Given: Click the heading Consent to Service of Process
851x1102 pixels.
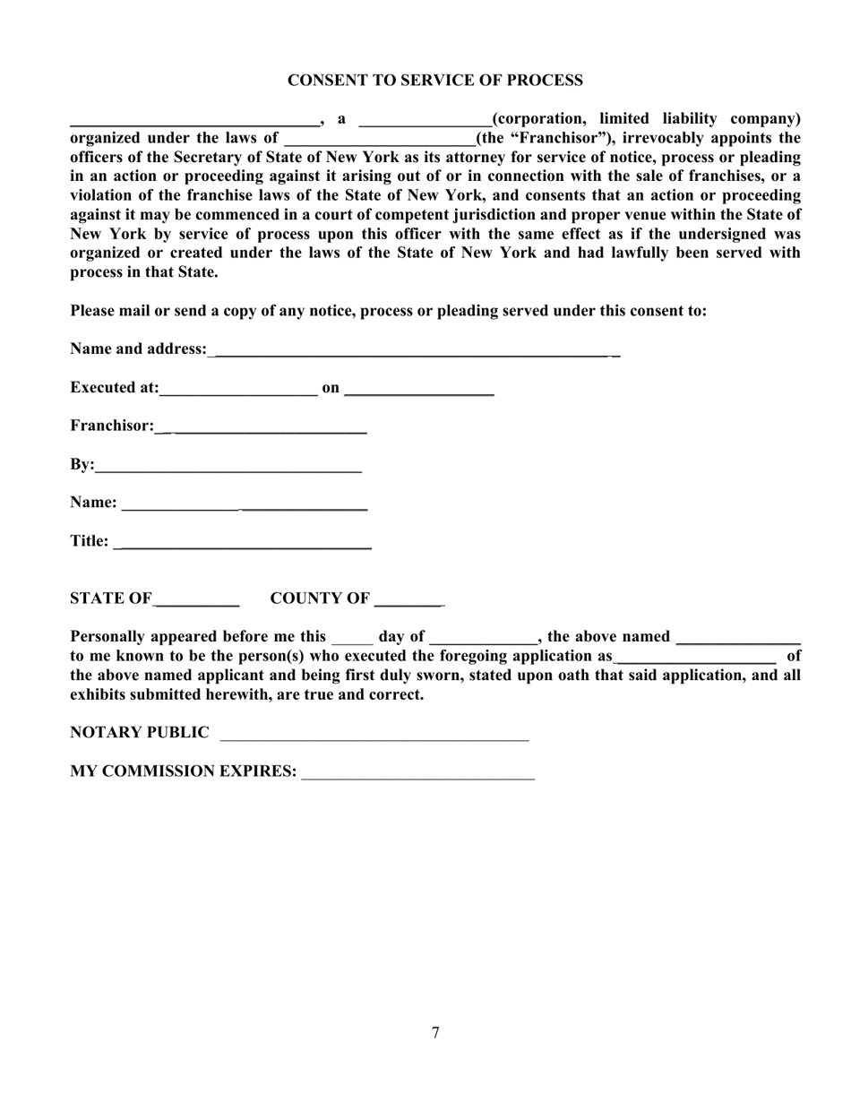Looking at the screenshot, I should pyautogui.click(x=434, y=81).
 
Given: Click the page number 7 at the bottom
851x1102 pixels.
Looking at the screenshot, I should pyautogui.click(x=435, y=1033).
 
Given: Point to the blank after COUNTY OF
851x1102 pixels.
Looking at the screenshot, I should pyautogui.click(x=409, y=601).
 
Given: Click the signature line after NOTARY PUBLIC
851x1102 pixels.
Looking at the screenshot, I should pyautogui.click(x=374, y=736).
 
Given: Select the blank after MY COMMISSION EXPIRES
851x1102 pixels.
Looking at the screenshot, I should pyautogui.click(x=418, y=775).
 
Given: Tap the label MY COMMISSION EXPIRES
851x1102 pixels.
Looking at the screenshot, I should pyautogui.click(x=184, y=771).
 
